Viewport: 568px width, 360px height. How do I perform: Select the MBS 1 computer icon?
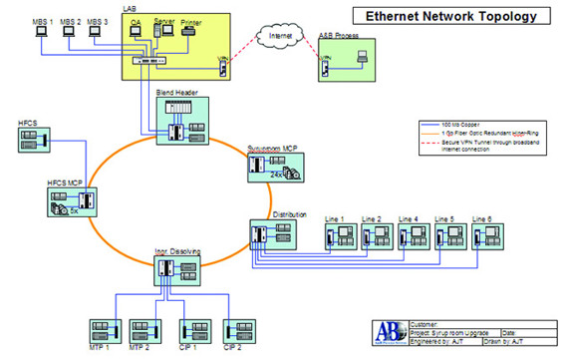(41, 32)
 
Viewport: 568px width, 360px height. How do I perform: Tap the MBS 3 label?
(97, 19)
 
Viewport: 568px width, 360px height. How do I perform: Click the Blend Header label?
(176, 91)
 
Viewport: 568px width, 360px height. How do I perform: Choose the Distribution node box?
(271, 234)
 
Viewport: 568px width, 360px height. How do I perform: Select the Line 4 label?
(409, 218)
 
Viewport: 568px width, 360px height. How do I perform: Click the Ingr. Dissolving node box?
(176, 271)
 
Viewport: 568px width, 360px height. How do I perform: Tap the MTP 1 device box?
(104, 330)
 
